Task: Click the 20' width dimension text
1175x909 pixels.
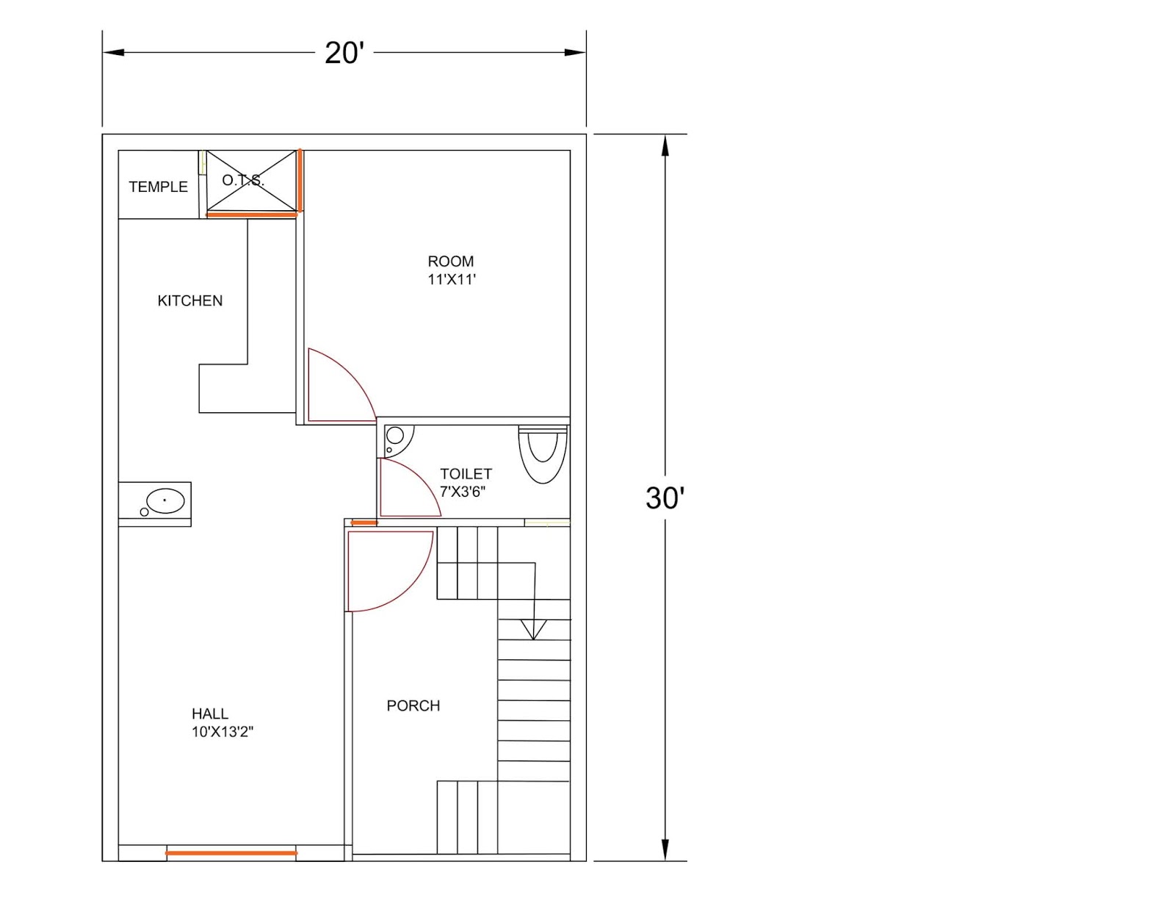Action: click(x=344, y=53)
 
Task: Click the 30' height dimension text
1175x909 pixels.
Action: click(x=665, y=497)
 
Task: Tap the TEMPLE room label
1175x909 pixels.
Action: click(x=158, y=187)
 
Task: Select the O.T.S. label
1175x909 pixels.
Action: click(x=243, y=180)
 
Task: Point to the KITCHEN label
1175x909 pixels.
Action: click(x=189, y=301)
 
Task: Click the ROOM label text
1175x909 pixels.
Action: click(x=450, y=262)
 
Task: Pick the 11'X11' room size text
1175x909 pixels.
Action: click(x=452, y=280)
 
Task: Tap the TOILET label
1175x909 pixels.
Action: click(x=466, y=474)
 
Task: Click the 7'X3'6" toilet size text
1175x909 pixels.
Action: click(x=463, y=492)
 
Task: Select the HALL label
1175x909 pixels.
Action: click(x=210, y=714)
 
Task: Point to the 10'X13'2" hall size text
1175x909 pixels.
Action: click(x=223, y=732)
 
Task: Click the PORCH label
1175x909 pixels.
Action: click(x=413, y=705)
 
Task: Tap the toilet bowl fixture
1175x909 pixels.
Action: click(x=543, y=454)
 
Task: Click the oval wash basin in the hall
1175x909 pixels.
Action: click(x=165, y=501)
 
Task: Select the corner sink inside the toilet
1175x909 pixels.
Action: click(x=397, y=439)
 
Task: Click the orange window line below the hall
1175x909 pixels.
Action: click(x=231, y=853)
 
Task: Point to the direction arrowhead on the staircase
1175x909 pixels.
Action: click(x=533, y=630)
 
